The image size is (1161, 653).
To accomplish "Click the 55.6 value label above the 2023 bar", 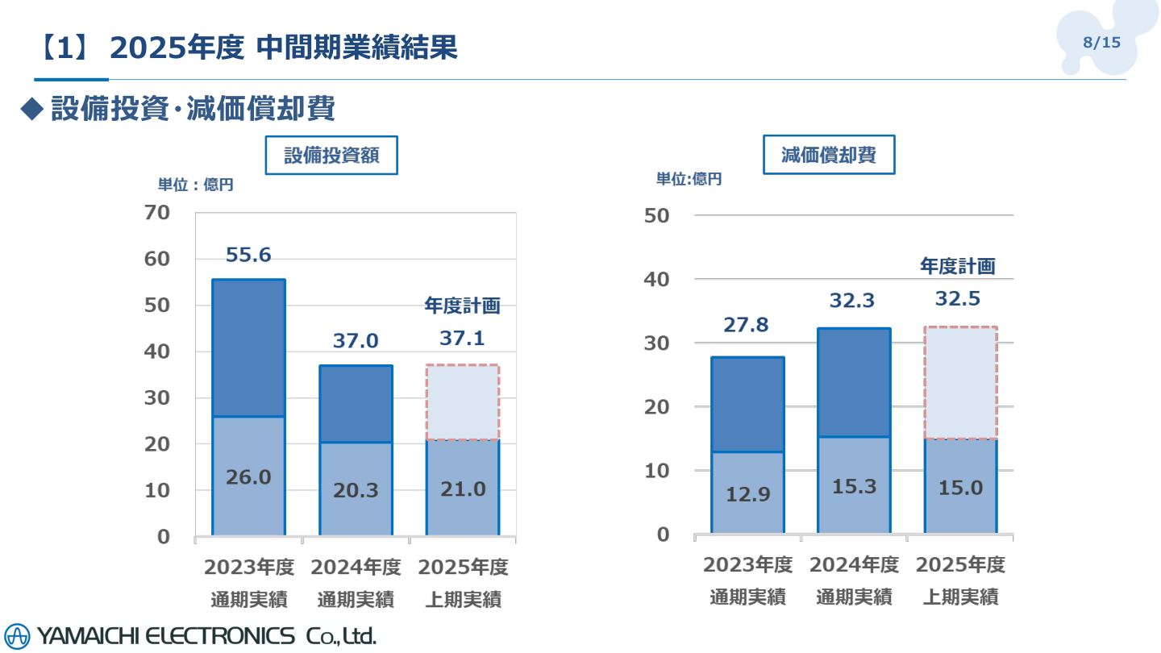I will point(248,256).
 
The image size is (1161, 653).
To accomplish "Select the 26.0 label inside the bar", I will point(248,477).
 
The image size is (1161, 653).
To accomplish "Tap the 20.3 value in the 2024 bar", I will point(356,489).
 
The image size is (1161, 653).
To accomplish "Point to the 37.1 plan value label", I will point(462,339).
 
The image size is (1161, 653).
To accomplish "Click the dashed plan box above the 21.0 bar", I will point(463,402).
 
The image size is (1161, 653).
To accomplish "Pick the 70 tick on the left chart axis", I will point(157,213).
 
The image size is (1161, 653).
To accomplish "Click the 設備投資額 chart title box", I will point(331,156).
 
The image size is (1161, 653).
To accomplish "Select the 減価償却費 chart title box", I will point(829,155).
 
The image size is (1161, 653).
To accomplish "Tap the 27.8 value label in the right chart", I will point(747,325).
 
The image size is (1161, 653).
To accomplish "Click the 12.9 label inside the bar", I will point(747,494).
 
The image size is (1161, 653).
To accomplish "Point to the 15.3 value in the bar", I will point(854,487).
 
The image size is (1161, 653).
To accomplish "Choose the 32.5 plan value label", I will point(958,299).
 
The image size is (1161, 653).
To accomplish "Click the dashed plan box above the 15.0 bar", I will point(961,383).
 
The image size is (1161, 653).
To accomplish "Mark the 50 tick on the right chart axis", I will point(658,215).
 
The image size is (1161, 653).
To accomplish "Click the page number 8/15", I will point(1102,43).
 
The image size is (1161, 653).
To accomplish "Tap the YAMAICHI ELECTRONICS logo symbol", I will point(17,636).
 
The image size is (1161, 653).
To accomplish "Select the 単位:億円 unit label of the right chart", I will point(689,180).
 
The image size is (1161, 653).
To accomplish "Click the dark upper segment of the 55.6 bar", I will point(248,348).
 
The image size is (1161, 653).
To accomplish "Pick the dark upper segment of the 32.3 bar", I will point(854,383).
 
